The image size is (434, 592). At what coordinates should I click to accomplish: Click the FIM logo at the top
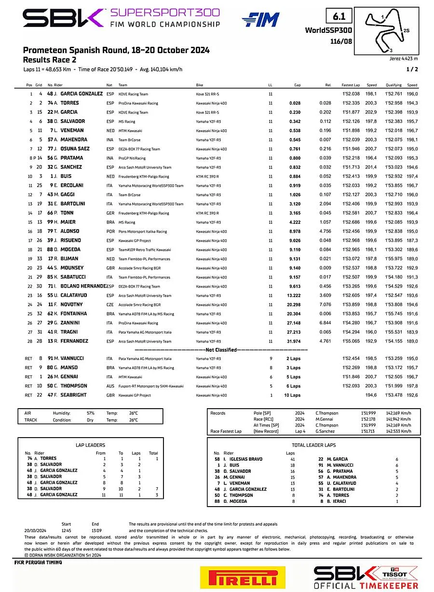(260, 20)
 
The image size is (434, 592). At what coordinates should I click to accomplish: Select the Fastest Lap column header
(351, 85)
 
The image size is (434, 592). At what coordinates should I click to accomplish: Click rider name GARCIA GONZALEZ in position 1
(81, 94)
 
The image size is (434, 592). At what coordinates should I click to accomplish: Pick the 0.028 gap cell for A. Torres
(295, 103)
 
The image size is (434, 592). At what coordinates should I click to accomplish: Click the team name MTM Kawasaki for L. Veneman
(130, 131)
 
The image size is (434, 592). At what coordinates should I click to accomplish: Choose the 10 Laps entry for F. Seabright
(292, 395)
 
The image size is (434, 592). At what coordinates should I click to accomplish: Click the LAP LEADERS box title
(91, 445)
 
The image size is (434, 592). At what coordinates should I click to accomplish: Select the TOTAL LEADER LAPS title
(314, 445)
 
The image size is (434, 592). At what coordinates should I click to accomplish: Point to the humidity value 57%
(91, 413)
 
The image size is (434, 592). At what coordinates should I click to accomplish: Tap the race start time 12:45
(67, 529)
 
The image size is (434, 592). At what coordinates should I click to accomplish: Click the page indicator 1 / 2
(412, 69)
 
